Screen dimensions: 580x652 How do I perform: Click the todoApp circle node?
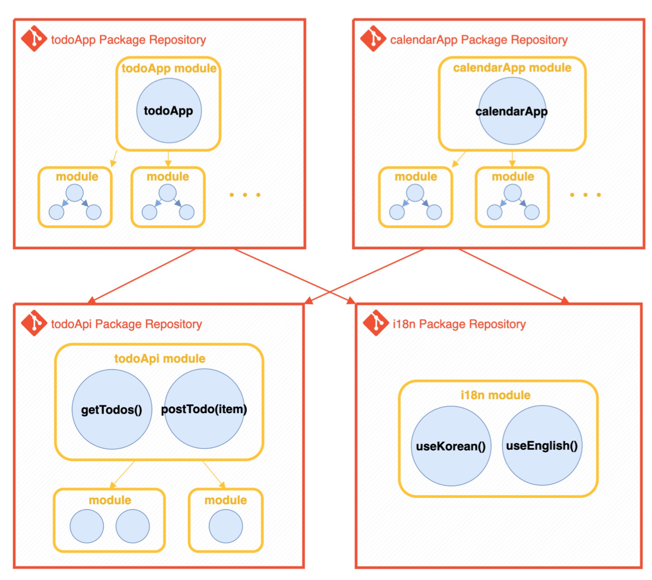[x=169, y=111]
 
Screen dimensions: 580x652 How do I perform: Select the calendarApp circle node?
[x=512, y=111]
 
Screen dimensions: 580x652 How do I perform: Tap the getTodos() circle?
[x=111, y=409]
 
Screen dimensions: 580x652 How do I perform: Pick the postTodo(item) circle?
[x=204, y=409]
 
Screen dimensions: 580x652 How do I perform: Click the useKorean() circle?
[x=451, y=446]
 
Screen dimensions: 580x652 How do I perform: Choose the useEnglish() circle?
[x=542, y=445]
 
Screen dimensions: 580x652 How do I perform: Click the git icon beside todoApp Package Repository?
[x=34, y=39]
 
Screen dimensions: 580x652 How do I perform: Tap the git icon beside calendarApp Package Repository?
[x=373, y=39]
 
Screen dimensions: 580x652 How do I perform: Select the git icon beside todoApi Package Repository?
[x=34, y=323]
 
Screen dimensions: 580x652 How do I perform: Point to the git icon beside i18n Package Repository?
[x=376, y=323]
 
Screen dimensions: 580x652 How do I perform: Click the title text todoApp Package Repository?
[x=128, y=40]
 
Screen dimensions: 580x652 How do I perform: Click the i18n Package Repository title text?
[x=459, y=324]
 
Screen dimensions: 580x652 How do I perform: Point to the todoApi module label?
[x=159, y=358]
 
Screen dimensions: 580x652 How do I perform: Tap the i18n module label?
[x=495, y=395]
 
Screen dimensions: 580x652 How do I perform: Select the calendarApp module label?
[x=512, y=68]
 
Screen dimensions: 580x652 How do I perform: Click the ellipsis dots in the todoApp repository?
[x=245, y=195]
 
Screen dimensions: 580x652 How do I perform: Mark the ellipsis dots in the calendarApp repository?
[x=585, y=195]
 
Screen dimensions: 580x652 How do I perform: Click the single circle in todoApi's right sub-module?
[x=225, y=526]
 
